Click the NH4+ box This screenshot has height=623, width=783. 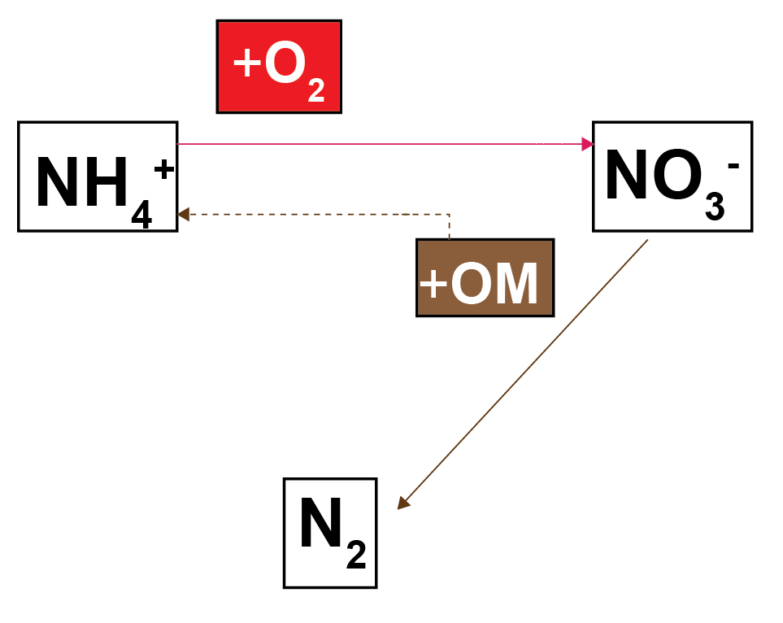pos(98,176)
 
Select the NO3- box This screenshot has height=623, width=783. pos(672,176)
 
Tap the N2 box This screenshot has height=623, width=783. pos(330,533)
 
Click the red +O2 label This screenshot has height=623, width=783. pos(279,67)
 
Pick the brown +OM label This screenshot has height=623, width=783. pos(485,278)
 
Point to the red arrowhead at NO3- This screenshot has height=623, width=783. pos(588,144)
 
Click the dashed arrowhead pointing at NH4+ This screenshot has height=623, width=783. pos(184,214)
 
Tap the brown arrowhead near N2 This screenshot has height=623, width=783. pos(403,503)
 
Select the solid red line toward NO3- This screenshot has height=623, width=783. pos(382,144)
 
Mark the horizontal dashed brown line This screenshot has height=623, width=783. pos(317,214)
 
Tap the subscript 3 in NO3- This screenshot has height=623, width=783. pos(715,208)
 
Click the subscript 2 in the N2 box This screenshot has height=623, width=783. pos(355,555)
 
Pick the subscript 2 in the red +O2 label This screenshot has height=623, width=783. pos(316,90)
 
